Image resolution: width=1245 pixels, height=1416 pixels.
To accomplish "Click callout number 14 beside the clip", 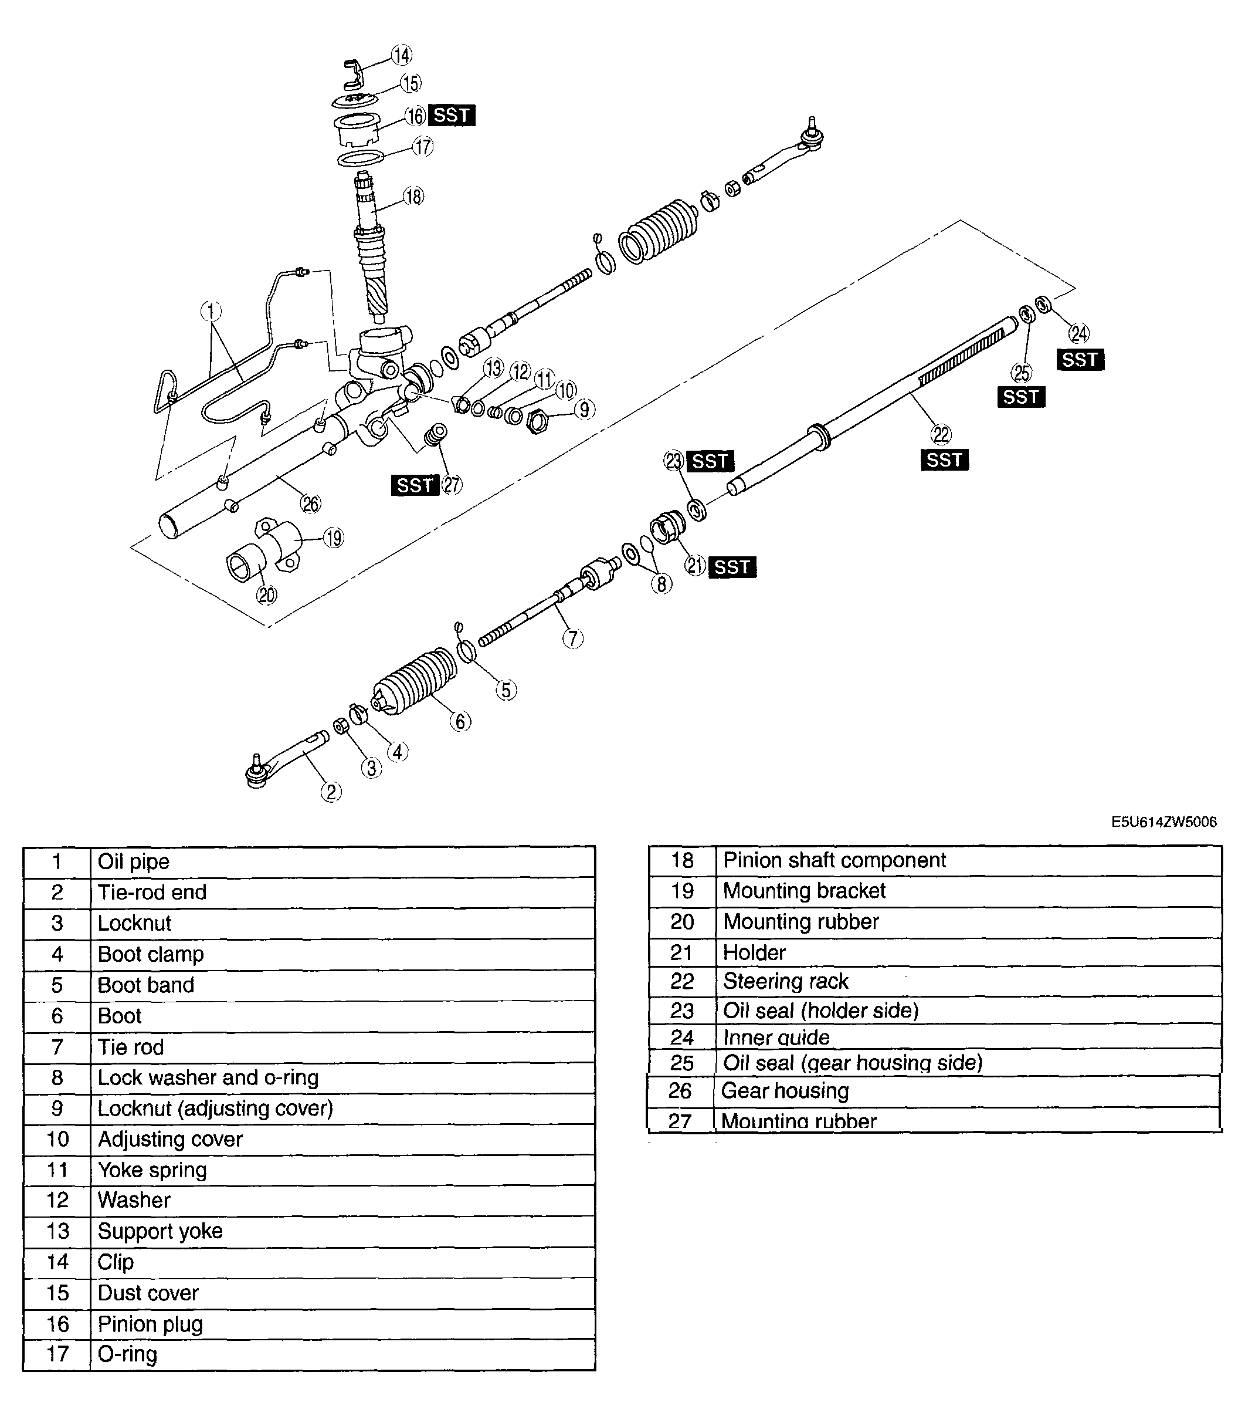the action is (402, 55).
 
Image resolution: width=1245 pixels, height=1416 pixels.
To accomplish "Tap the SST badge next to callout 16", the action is (452, 115).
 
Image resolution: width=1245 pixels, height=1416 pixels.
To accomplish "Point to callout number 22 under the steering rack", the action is (942, 434).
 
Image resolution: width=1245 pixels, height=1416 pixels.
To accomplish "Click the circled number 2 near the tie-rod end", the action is (331, 792).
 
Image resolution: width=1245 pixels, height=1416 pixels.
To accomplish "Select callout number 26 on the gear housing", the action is (311, 503).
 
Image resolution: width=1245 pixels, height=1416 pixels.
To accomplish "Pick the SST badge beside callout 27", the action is (415, 485).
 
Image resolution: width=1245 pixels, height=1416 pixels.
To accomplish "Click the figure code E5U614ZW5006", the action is (1164, 822).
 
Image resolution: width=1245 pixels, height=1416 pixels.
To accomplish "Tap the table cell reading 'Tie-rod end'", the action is (152, 893).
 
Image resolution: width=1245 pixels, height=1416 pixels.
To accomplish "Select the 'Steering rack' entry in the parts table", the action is (785, 981).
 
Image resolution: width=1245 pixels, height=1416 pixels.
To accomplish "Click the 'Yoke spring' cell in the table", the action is (152, 1170).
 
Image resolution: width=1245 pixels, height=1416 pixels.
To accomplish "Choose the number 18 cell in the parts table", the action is (682, 860).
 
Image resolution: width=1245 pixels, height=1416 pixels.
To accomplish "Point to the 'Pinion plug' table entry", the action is (150, 1324).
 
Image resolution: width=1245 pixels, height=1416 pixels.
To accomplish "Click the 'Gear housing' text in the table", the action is (785, 1091).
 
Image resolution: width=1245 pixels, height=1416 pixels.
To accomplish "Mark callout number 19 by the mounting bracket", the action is (334, 538).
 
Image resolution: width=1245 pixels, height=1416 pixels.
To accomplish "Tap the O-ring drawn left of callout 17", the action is (360, 158).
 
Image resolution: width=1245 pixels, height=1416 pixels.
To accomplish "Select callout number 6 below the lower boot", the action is (460, 721).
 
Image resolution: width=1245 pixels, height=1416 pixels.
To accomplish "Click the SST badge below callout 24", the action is (1080, 360).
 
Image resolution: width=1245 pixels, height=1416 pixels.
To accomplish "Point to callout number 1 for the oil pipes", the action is (211, 311).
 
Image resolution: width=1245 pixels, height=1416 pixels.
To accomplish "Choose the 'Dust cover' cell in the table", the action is (148, 1293).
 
